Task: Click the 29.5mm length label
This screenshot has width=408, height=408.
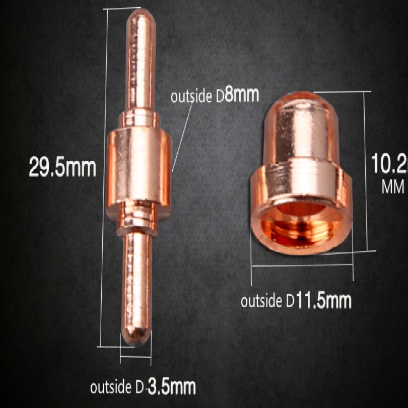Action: coord(62,167)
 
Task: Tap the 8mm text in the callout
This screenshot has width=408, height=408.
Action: coord(242,95)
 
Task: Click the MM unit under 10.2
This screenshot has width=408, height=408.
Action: coord(393,186)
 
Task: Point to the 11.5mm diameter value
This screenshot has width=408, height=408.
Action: coord(323,301)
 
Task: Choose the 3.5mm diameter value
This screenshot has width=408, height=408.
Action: coord(172,387)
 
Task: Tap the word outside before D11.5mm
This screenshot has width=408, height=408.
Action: coord(261,301)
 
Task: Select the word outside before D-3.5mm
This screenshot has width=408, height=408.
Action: coord(111,387)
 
